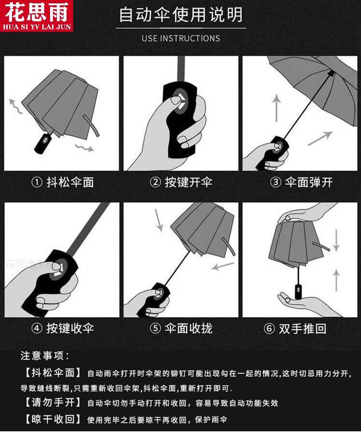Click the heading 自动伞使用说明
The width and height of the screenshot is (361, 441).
click(x=180, y=15)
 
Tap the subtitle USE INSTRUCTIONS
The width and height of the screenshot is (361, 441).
click(x=180, y=38)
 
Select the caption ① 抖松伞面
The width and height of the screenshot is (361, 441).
click(x=62, y=182)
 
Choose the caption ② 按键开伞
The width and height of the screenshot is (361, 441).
click(x=181, y=182)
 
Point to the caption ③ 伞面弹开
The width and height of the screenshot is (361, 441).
click(x=301, y=182)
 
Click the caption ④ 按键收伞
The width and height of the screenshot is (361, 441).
click(x=62, y=329)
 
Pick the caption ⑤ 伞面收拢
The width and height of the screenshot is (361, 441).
click(x=181, y=329)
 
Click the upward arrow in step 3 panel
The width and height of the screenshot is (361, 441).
click(x=277, y=108)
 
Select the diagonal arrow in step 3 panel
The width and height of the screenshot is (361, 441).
click(x=320, y=138)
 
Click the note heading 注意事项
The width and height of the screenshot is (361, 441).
click(x=45, y=356)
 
